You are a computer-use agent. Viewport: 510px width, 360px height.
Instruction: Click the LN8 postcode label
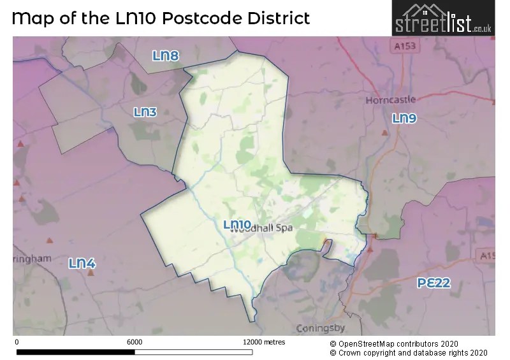point(166,56)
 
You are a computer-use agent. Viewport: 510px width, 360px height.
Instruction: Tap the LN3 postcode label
point(145,112)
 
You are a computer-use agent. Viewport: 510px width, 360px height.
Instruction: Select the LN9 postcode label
point(404,118)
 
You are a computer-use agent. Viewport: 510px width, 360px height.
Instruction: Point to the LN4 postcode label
point(82,263)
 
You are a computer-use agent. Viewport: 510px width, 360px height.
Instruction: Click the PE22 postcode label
point(433,283)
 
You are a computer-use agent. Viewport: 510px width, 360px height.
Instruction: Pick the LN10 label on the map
point(237,224)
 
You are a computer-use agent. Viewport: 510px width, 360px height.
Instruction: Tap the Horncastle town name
point(390,100)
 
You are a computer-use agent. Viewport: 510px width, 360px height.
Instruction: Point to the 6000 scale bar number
point(135,342)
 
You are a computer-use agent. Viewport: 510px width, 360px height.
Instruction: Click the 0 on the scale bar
point(16,342)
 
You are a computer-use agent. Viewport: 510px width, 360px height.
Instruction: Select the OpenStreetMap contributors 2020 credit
point(407,343)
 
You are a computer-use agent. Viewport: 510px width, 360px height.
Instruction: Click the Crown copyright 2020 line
point(408,352)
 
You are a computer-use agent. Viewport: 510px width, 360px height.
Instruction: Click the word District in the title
point(278,18)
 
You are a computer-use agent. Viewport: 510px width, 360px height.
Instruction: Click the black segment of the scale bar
point(73,351)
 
